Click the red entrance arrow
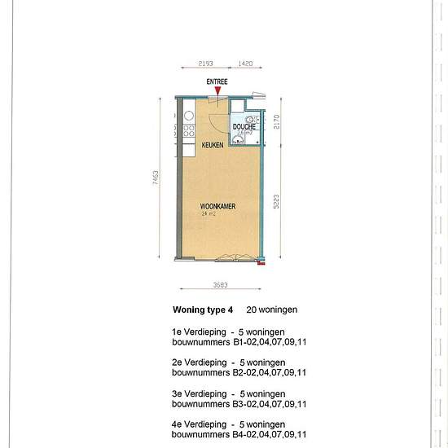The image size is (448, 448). [x=217, y=96]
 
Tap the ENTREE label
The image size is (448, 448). [x=217, y=82]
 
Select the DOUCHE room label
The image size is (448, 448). [x=244, y=127]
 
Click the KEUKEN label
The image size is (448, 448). [x=213, y=144]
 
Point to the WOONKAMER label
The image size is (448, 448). [x=218, y=207]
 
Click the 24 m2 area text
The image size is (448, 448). [x=209, y=214]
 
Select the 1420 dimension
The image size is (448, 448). [x=245, y=62]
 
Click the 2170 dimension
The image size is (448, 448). [x=276, y=122]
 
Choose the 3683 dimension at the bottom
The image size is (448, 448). [x=219, y=285]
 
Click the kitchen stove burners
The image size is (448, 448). [x=188, y=130]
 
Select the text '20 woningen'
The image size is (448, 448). [x=272, y=310]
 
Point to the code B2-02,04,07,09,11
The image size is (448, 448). [x=270, y=372]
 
